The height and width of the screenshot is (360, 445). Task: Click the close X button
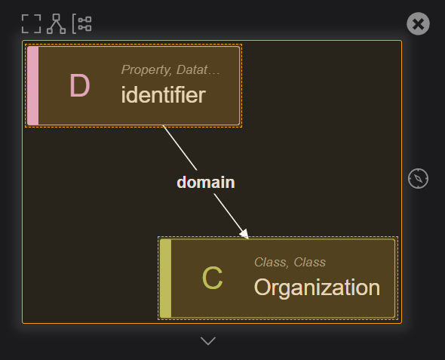418,24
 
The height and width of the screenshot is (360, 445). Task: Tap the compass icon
418,178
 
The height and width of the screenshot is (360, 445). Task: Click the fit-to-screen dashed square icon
31,24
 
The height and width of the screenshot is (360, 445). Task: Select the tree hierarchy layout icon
57,24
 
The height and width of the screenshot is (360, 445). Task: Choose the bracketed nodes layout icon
81,24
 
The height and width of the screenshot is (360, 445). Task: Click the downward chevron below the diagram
208,340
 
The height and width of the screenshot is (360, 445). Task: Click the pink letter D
80,85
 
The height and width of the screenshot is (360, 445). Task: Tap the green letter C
212,278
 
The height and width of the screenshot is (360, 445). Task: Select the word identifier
163,94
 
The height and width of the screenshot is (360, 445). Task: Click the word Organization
317,288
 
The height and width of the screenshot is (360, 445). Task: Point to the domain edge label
206,183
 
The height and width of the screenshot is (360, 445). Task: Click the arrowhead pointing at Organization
244,234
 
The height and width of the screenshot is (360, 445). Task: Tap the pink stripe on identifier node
33,85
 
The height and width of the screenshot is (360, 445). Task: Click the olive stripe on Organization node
166,278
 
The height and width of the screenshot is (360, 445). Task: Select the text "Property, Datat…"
170,70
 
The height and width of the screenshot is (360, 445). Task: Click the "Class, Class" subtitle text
290,263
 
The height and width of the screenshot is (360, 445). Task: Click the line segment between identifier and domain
180,148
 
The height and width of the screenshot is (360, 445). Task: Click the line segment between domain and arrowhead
228,213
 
